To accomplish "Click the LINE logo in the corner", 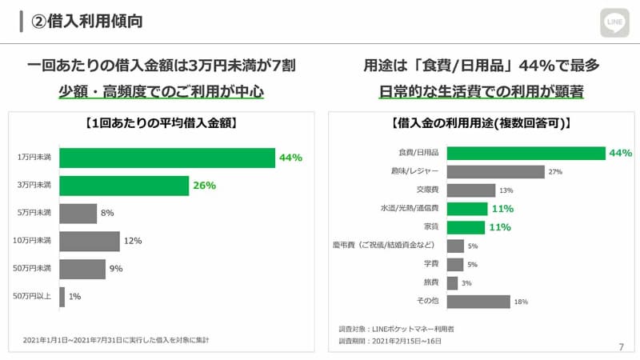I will click(x=615, y=22).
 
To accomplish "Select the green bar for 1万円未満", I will click(x=167, y=158).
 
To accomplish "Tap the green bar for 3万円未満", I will click(x=124, y=186).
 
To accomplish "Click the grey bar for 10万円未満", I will click(x=90, y=241).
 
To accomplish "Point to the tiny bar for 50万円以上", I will click(x=62, y=296).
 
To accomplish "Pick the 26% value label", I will click(x=205, y=186).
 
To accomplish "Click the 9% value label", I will click(x=116, y=269).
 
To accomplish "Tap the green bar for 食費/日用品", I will click(x=526, y=153).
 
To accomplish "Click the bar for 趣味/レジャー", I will click(x=495, y=171).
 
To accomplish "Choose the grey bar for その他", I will click(x=478, y=302).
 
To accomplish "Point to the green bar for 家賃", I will click(x=467, y=227).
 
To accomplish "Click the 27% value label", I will click(x=555, y=172).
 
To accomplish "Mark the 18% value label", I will click(x=521, y=302).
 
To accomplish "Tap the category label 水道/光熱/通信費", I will click(x=410, y=209).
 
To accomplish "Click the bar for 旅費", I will click(x=452, y=283).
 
